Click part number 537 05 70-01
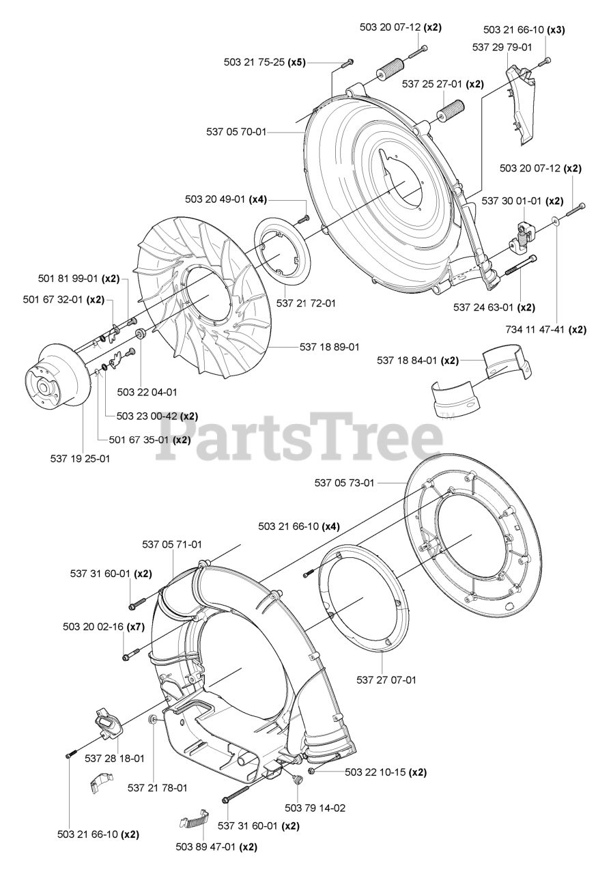236,132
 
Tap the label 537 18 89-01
329,347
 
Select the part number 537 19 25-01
80,459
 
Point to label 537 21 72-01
306,302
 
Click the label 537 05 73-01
344,483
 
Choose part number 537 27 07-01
386,679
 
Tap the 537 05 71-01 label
172,544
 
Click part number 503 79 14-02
315,808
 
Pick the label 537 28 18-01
115,758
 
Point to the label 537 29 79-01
502,46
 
